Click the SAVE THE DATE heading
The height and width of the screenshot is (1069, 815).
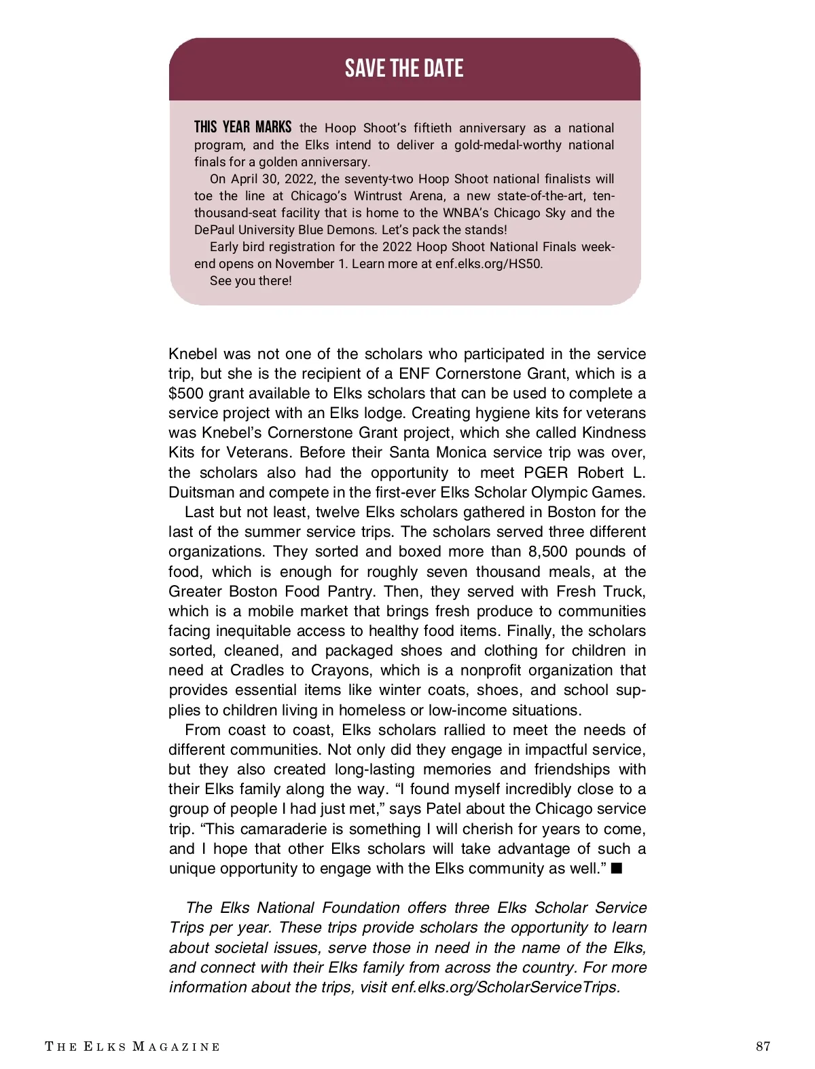(404, 69)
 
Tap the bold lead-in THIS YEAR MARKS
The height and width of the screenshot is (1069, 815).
(242, 128)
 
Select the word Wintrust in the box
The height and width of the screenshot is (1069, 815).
(378, 196)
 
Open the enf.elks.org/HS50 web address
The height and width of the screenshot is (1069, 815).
(488, 264)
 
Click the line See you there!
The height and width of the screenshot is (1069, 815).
(251, 281)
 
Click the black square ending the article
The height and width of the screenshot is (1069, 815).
(617, 869)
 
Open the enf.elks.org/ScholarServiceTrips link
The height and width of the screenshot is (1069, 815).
(505, 988)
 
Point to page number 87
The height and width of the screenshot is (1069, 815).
(763, 1046)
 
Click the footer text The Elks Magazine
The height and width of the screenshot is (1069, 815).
(132, 1047)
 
